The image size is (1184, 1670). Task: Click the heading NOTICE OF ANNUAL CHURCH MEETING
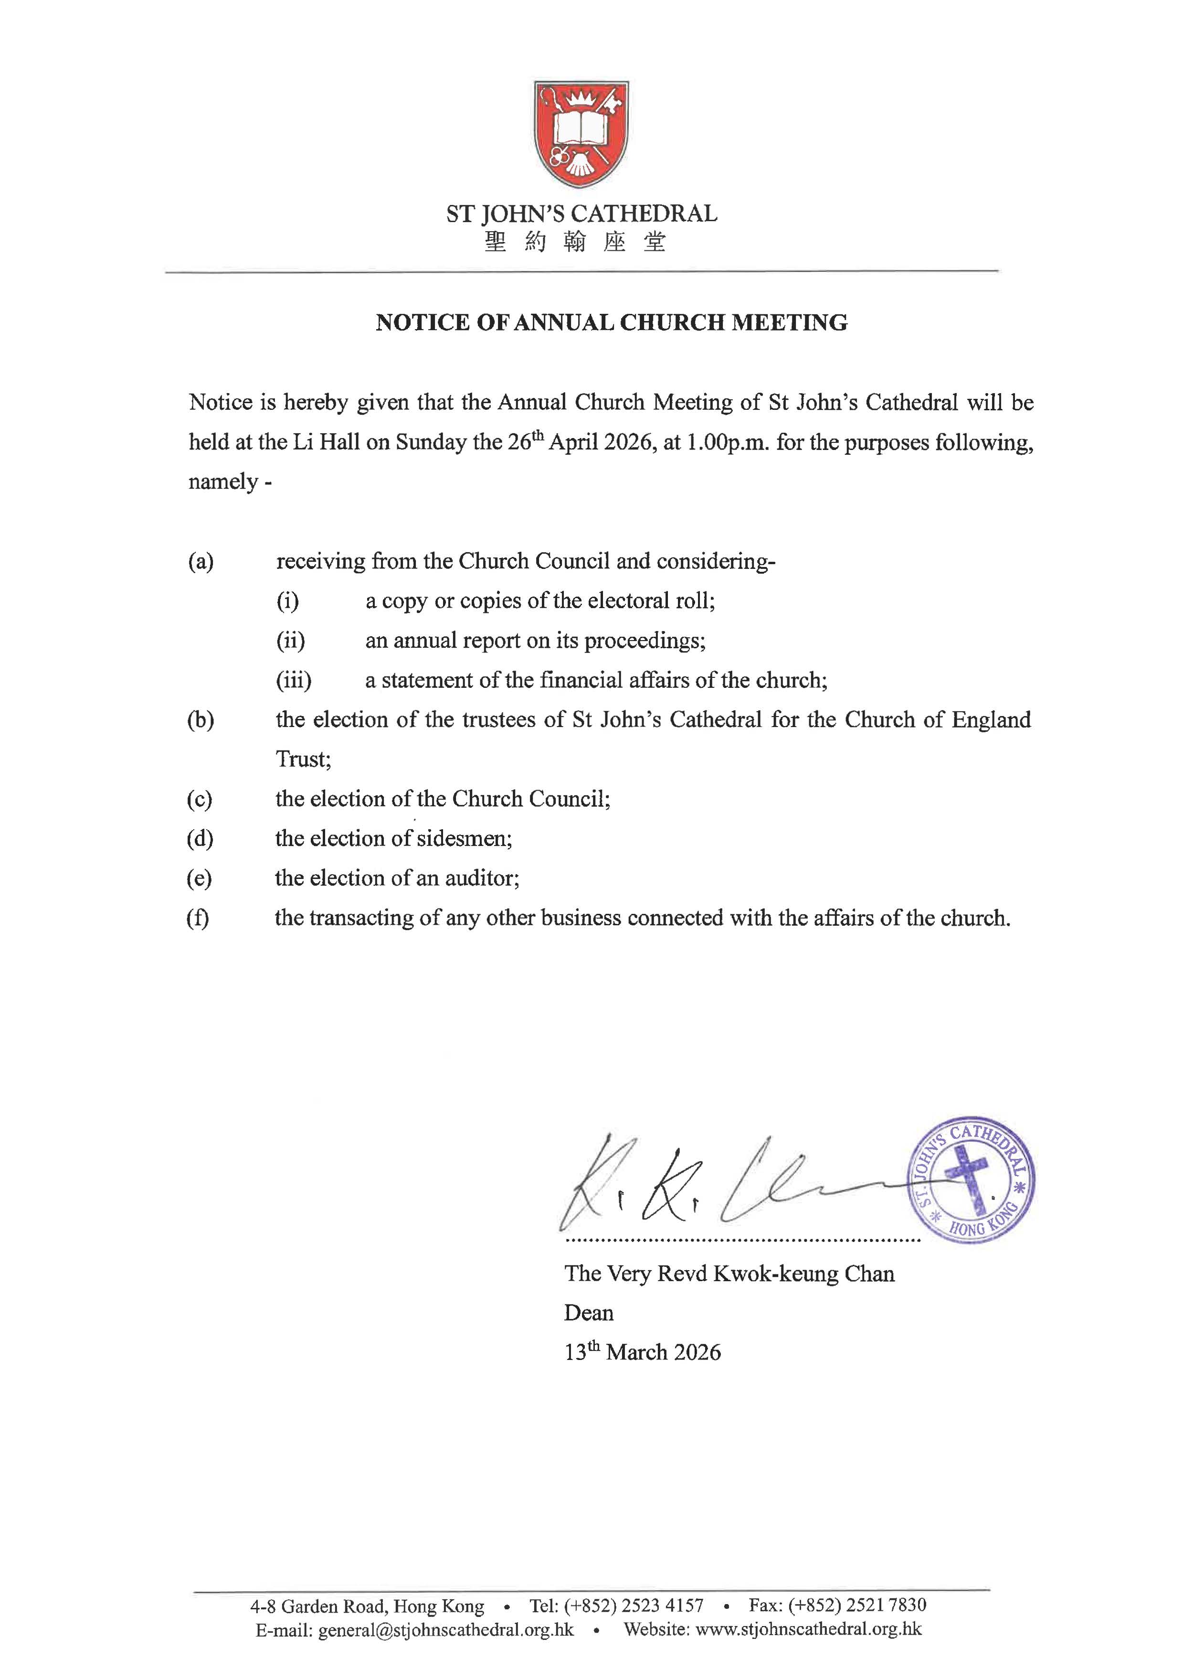(611, 322)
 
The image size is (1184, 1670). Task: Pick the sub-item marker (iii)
(293, 680)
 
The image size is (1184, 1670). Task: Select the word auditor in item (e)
(480, 878)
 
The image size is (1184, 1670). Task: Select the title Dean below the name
(588, 1313)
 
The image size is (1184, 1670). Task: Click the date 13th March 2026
(642, 1352)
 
